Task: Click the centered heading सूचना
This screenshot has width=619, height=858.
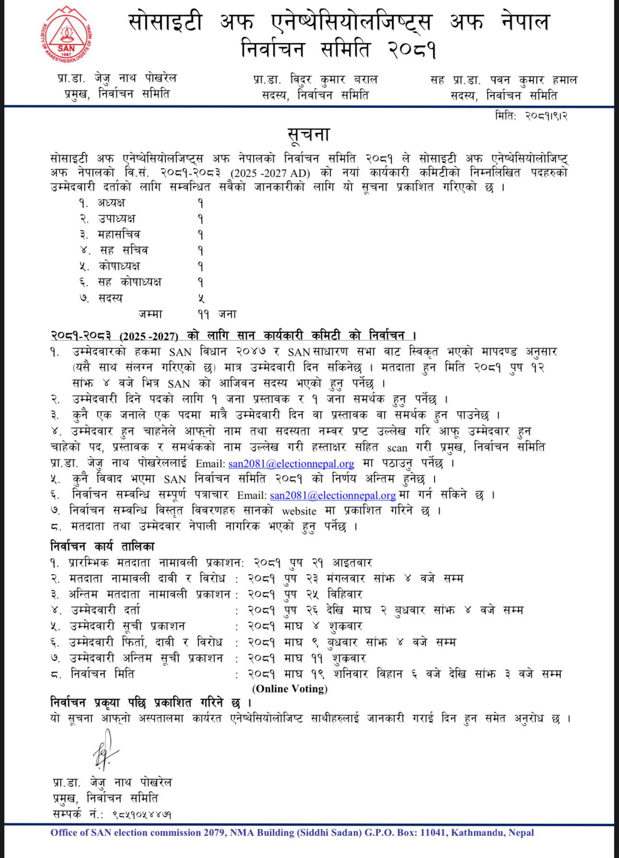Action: pyautogui.click(x=309, y=135)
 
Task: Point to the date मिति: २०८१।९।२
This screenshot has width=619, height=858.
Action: pyautogui.click(x=531, y=116)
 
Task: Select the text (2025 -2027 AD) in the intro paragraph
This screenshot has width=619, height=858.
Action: pyautogui.click(x=270, y=173)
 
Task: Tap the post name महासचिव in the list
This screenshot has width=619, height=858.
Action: pyautogui.click(x=119, y=235)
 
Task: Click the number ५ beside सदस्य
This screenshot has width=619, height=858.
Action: pyautogui.click(x=201, y=298)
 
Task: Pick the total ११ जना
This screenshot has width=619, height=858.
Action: pyautogui.click(x=216, y=314)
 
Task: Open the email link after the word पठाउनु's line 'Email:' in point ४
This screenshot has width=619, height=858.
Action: pyautogui.click(x=291, y=464)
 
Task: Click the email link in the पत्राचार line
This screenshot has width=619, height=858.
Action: pyautogui.click(x=333, y=495)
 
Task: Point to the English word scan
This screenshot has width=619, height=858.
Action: pyautogui.click(x=397, y=448)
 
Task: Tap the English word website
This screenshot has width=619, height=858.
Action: pyautogui.click(x=299, y=512)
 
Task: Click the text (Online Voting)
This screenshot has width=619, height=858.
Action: pyautogui.click(x=290, y=689)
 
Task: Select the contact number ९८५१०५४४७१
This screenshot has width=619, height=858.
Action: pyautogui.click(x=142, y=814)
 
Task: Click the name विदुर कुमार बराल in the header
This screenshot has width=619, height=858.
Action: pyautogui.click(x=333, y=79)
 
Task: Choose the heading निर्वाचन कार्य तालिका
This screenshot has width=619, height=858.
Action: pyautogui.click(x=102, y=547)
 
